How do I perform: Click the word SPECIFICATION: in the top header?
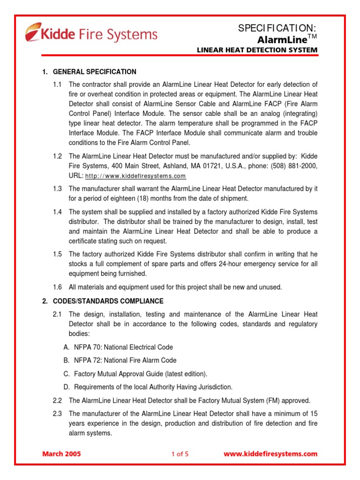[277, 29]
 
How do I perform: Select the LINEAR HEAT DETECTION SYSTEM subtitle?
[256, 50]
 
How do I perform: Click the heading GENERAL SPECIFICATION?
[95, 72]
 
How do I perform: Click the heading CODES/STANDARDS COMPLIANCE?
[108, 301]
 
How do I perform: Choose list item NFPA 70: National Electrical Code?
[123, 347]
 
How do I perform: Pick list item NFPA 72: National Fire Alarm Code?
[125, 360]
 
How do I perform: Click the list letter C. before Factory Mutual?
[66, 374]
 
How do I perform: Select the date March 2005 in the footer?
[61, 454]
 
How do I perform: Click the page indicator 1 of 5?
[180, 454]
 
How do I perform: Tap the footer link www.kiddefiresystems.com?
[270, 454]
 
